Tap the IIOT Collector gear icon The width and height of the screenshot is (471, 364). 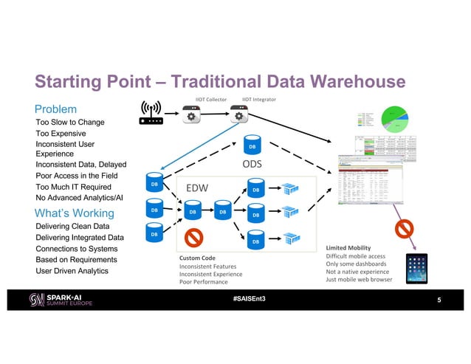tap(193, 116)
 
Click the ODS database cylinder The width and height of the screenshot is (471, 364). tap(252, 145)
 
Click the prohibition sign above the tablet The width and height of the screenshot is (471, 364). tap(406, 228)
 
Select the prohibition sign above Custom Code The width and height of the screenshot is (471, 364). tap(193, 238)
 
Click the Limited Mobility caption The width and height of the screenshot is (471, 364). tap(348, 247)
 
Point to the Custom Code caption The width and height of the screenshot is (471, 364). tap(197, 257)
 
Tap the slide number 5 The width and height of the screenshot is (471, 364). tap(439, 301)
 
